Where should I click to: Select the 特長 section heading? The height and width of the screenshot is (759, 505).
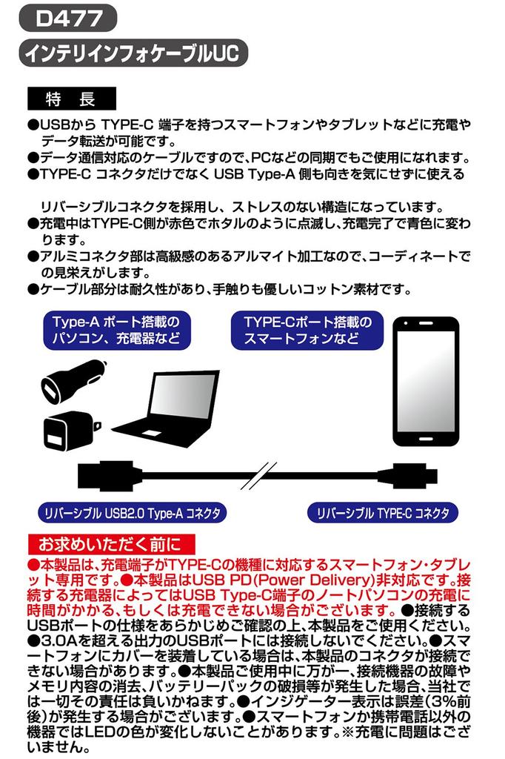70,98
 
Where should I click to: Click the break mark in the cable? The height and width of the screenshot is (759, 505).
255,474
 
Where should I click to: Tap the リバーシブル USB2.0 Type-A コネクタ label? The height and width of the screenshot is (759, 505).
133,512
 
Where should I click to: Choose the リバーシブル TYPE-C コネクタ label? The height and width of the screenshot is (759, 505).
383,512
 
